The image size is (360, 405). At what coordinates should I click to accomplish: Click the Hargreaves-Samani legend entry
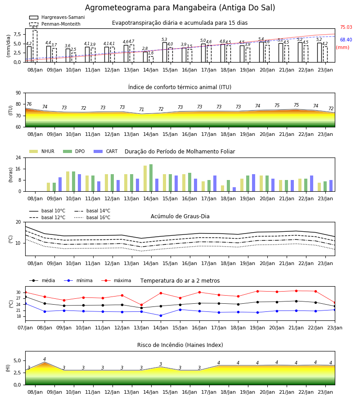[57, 17]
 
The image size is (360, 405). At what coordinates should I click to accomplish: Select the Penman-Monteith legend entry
[55, 24]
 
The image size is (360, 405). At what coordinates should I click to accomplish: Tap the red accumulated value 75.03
[346, 27]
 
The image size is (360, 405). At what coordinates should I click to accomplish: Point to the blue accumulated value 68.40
[346, 40]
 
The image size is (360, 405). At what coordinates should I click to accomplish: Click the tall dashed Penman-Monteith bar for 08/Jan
[35, 46]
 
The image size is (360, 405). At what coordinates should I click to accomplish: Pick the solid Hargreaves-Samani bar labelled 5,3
[165, 52]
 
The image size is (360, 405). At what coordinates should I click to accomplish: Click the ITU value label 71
[141, 109]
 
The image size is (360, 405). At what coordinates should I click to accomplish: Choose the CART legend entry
[106, 151]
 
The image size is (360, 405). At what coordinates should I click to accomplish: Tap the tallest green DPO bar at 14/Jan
[151, 178]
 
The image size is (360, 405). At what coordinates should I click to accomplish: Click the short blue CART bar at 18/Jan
[234, 189]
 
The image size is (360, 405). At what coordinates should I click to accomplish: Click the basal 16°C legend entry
[92, 217]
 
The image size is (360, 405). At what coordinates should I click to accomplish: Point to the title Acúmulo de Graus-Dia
[180, 216]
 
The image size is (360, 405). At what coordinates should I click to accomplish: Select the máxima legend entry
[116, 280]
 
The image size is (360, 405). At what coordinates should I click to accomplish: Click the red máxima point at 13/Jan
[141, 305]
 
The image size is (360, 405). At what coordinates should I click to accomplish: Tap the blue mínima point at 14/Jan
[161, 315]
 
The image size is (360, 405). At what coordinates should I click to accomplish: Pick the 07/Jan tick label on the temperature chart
[25, 328]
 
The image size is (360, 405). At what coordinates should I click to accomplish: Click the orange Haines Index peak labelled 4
[45, 363]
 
